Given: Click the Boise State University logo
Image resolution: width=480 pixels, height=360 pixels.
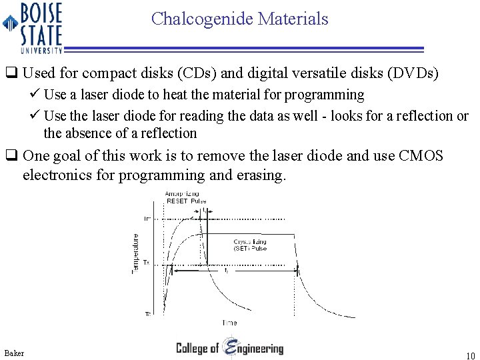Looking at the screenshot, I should (33, 27).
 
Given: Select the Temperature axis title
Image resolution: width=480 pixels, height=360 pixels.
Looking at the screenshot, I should (135, 254).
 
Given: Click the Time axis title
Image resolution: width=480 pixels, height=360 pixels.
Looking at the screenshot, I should (229, 323).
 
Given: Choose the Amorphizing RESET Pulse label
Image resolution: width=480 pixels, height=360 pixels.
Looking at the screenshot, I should (186, 197).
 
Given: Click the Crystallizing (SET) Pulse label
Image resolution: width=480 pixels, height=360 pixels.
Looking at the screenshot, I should (250, 244).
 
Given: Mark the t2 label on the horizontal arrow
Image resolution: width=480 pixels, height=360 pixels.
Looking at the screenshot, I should (227, 271).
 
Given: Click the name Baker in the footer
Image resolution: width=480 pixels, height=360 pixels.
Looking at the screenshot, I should (14, 352).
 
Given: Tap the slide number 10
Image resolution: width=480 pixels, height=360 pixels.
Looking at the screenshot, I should (470, 355).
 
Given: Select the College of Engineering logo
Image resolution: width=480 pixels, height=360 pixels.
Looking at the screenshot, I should (229, 348).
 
